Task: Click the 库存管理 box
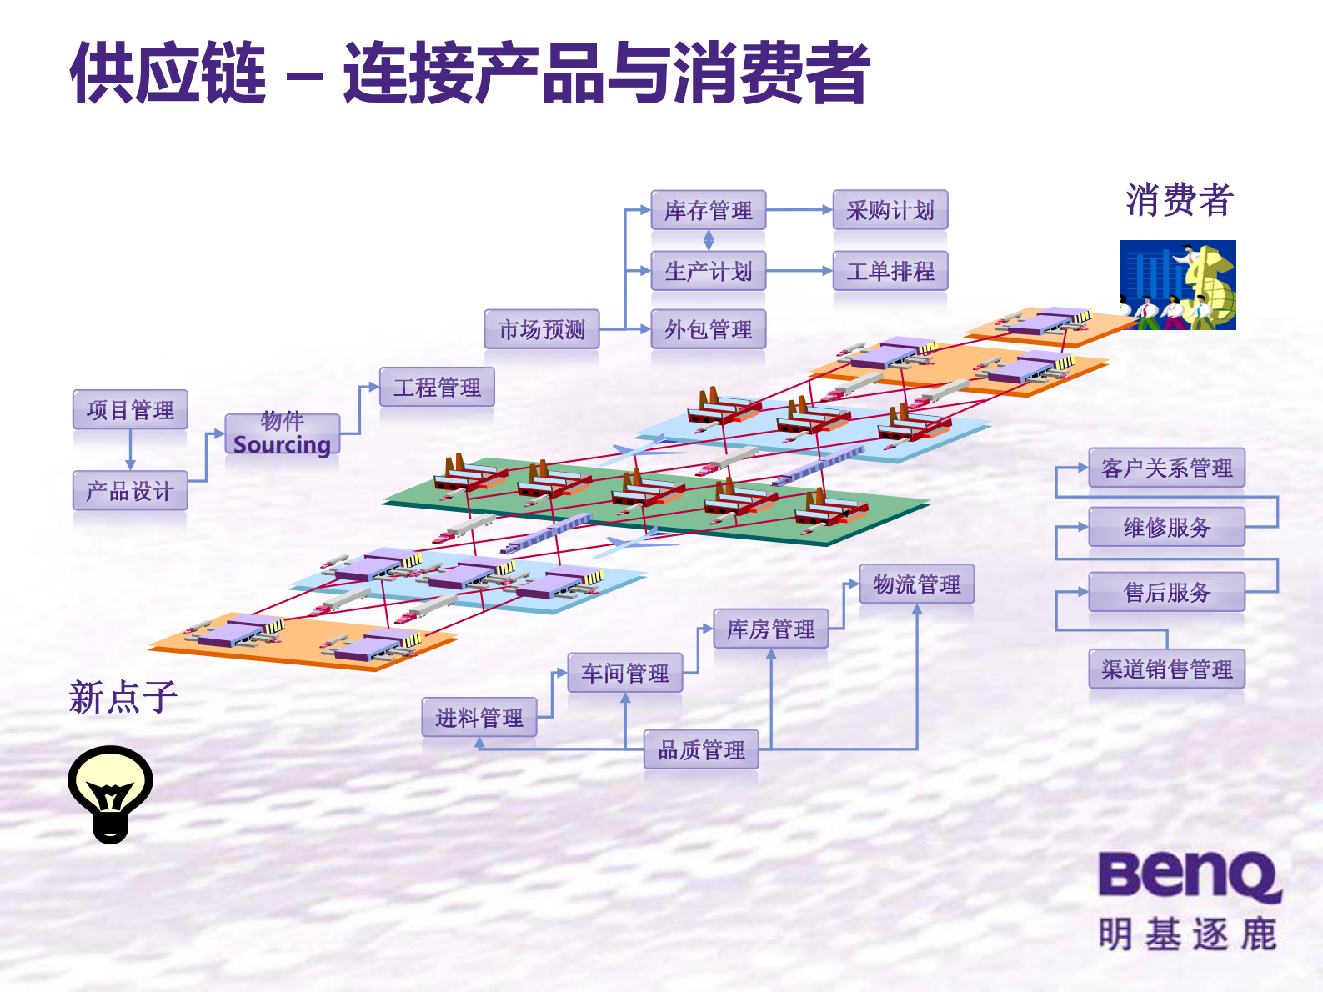(708, 210)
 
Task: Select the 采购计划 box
(890, 210)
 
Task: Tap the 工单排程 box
(890, 271)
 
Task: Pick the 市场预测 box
(541, 329)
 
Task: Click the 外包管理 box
(708, 329)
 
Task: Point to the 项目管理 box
(129, 409)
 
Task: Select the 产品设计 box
(129, 491)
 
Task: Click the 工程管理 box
(437, 387)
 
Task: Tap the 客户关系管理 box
(1166, 468)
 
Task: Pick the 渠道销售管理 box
(1166, 669)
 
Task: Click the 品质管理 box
(701, 749)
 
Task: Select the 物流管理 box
(916, 584)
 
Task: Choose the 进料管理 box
(479, 717)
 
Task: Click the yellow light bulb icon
(110, 793)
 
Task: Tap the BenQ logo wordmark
(1189, 875)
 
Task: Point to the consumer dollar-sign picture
(1177, 285)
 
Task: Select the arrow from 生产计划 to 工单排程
(799, 271)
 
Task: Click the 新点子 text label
(123, 697)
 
